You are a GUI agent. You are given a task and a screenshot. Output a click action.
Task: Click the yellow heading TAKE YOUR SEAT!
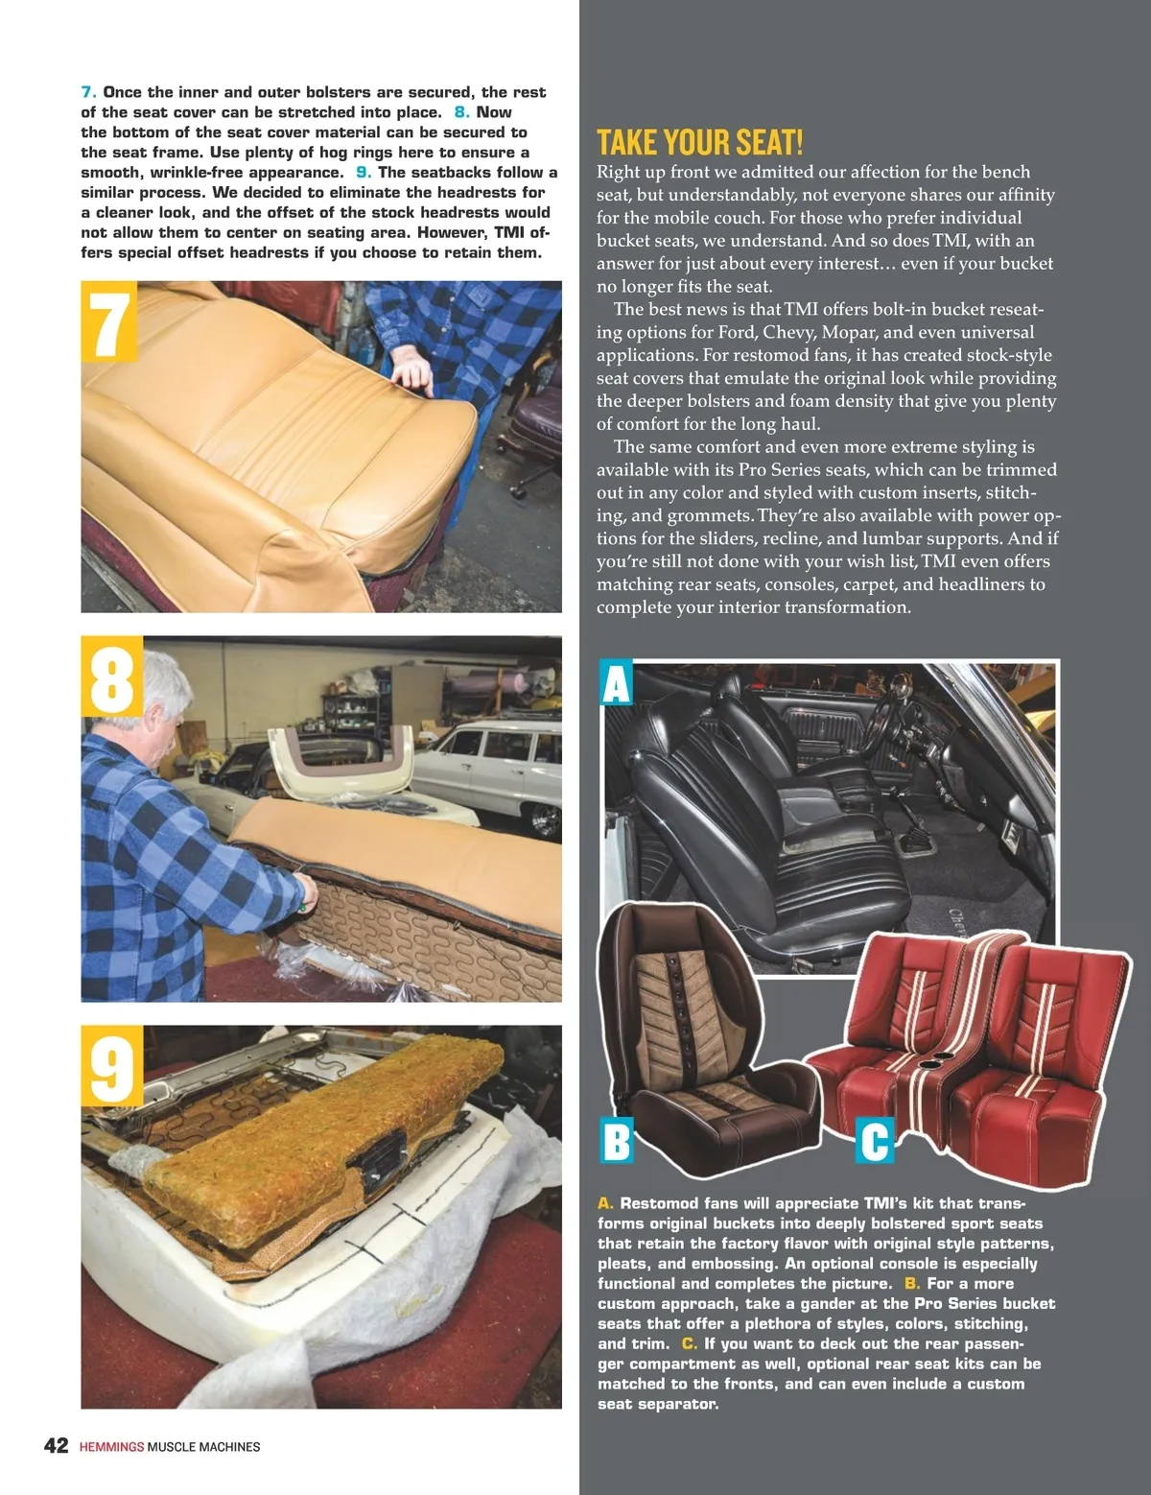click(x=699, y=142)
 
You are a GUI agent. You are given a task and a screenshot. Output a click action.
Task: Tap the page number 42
click(x=57, y=1445)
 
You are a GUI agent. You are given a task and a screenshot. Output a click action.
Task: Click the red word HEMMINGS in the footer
click(x=111, y=1447)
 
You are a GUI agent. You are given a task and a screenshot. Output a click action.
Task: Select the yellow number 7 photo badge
click(x=108, y=321)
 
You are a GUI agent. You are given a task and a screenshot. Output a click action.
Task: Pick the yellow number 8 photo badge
click(x=111, y=676)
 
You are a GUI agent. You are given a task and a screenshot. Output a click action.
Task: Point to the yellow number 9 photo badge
click(x=111, y=1066)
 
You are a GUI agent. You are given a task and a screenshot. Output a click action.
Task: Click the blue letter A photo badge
click(x=617, y=683)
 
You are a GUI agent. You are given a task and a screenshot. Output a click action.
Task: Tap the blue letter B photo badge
click(x=616, y=1140)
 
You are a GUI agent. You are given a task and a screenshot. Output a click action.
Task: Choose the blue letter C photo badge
click(x=875, y=1140)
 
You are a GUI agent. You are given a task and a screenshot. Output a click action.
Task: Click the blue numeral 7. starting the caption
click(x=88, y=92)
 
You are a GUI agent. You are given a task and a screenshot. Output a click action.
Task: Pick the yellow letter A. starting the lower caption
click(x=605, y=1203)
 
